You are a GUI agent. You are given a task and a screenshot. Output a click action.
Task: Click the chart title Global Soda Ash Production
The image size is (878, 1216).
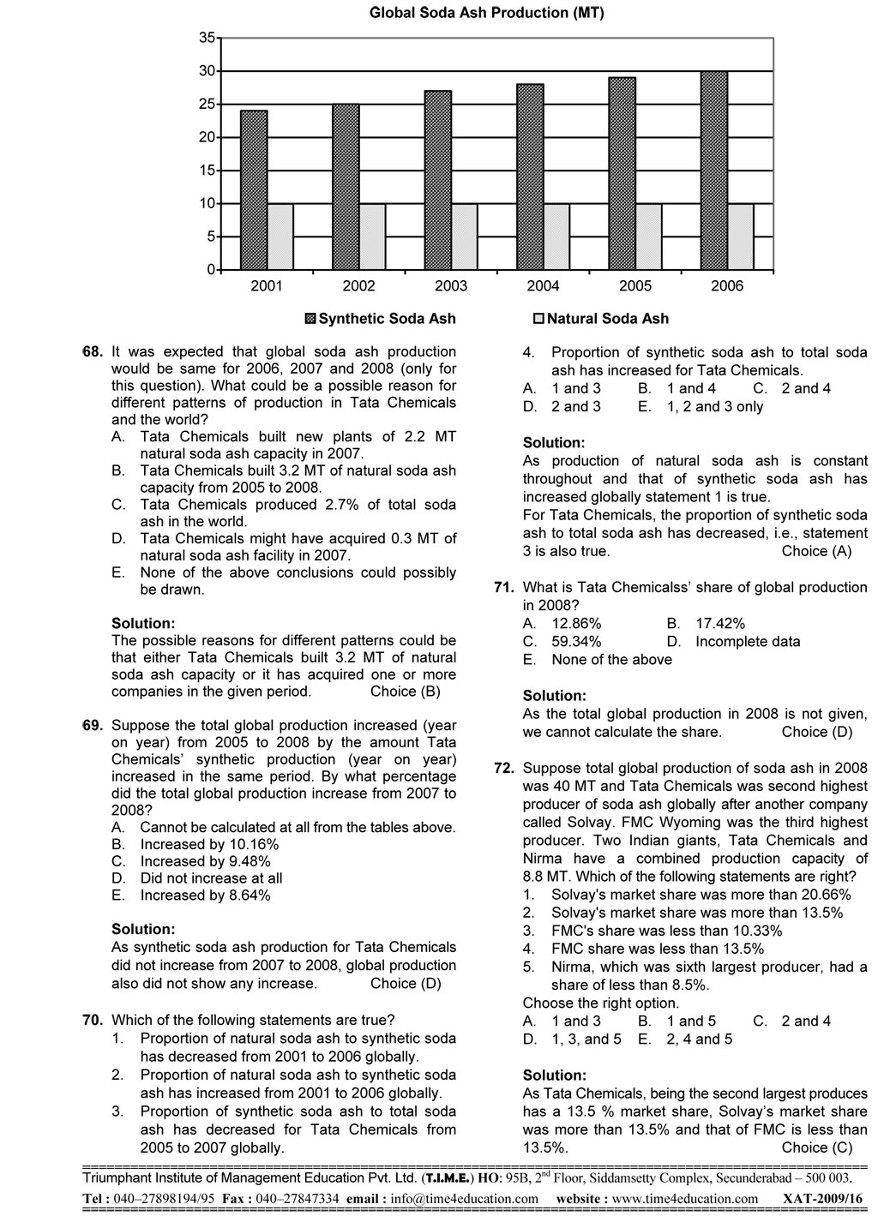point(486,13)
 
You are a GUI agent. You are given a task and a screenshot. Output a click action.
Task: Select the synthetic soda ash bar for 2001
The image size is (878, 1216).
point(254,189)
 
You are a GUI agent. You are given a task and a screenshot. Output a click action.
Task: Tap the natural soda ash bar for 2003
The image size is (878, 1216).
point(465,237)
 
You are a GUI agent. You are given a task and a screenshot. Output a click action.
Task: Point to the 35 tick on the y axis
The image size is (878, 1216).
point(207,38)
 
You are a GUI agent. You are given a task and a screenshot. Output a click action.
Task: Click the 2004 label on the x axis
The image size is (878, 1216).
point(543,286)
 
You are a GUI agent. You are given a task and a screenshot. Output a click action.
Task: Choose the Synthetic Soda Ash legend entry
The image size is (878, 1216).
point(381,319)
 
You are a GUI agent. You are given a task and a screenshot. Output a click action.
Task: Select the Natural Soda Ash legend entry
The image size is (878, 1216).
point(600,319)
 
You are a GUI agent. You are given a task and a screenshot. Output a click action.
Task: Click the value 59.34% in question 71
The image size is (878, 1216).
point(576,641)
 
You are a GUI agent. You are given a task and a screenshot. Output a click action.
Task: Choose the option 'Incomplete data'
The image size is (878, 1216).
point(748,641)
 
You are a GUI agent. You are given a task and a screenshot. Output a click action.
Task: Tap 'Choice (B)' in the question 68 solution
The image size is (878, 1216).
point(406,692)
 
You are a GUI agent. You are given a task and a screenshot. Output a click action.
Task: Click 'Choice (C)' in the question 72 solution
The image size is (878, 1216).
point(816,1147)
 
